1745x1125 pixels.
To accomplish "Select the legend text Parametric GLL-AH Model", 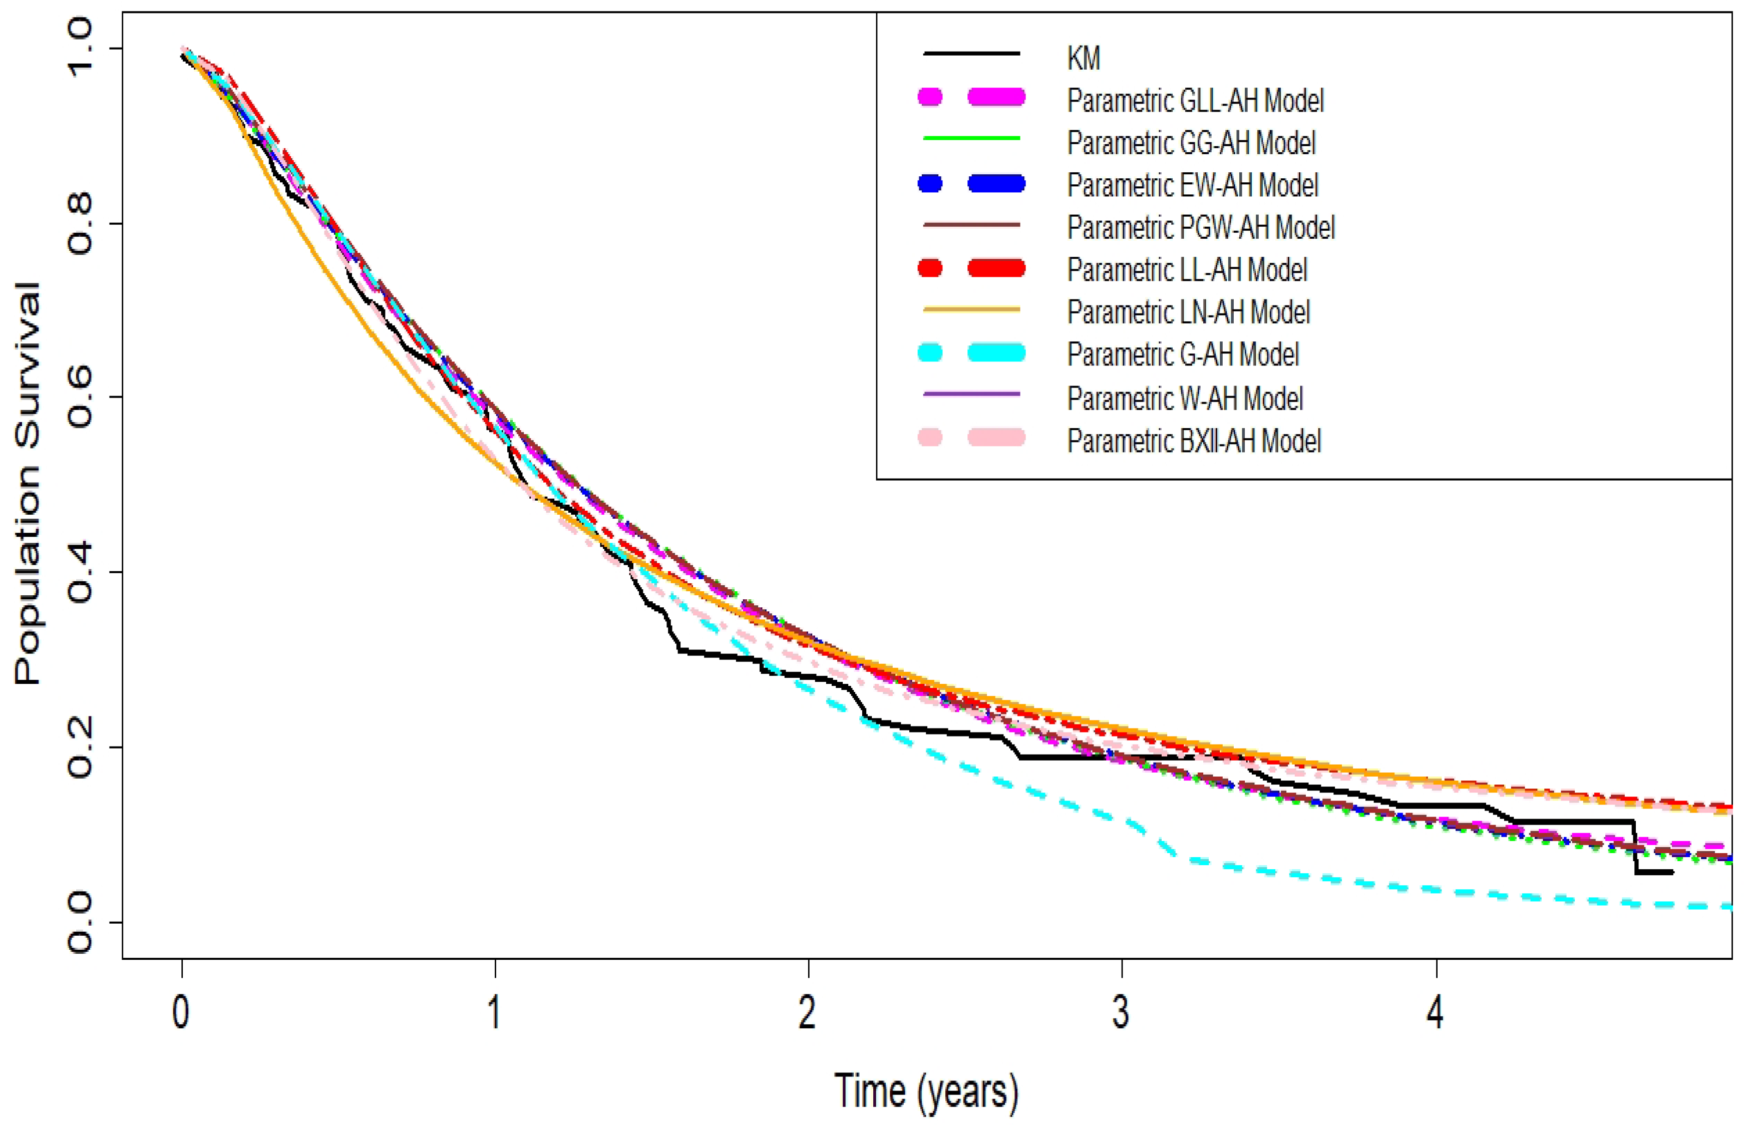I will pyautogui.click(x=1195, y=100).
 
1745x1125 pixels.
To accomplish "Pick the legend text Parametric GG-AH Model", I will pyautogui.click(x=1191, y=143).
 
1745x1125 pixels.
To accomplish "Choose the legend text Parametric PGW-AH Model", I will pyautogui.click(x=1201, y=227).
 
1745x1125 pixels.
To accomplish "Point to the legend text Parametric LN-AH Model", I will pyautogui.click(x=1188, y=312).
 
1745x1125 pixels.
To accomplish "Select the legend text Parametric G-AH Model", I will pyautogui.click(x=1183, y=354).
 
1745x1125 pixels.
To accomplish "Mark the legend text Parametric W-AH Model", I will pyautogui.click(x=1185, y=398).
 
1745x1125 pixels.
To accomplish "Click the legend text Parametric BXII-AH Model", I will pyautogui.click(x=1194, y=441).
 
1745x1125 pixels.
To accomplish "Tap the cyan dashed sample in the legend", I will pyautogui.click(x=971, y=353).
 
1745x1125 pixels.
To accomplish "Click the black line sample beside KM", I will pyautogui.click(x=971, y=54).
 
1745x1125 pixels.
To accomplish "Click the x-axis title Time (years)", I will pyautogui.click(x=926, y=1090).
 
